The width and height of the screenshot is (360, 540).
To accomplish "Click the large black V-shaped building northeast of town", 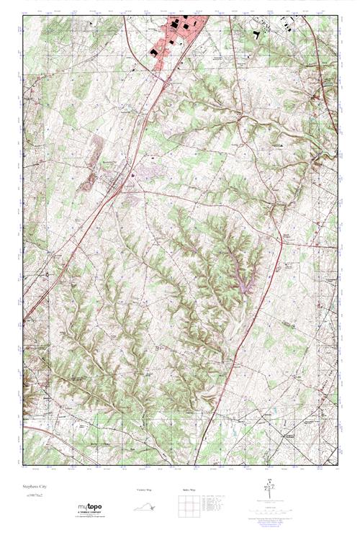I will point(257,33).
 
